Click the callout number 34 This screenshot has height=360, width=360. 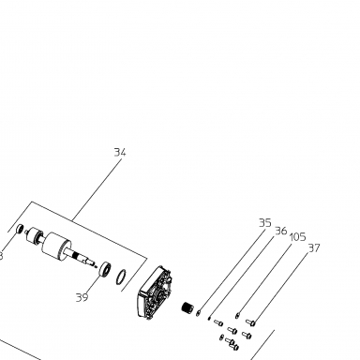[120, 153]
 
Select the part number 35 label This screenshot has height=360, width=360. [265, 223]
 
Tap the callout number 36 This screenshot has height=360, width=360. [281, 231]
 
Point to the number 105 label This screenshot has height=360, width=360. [297, 237]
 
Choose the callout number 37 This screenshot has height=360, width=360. [314, 248]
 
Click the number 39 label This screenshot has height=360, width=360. [82, 297]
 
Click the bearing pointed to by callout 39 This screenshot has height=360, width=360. [105, 269]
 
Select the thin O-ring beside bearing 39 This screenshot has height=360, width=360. [121, 277]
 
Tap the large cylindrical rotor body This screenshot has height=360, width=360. [56, 245]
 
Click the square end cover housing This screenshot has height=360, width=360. [155, 292]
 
